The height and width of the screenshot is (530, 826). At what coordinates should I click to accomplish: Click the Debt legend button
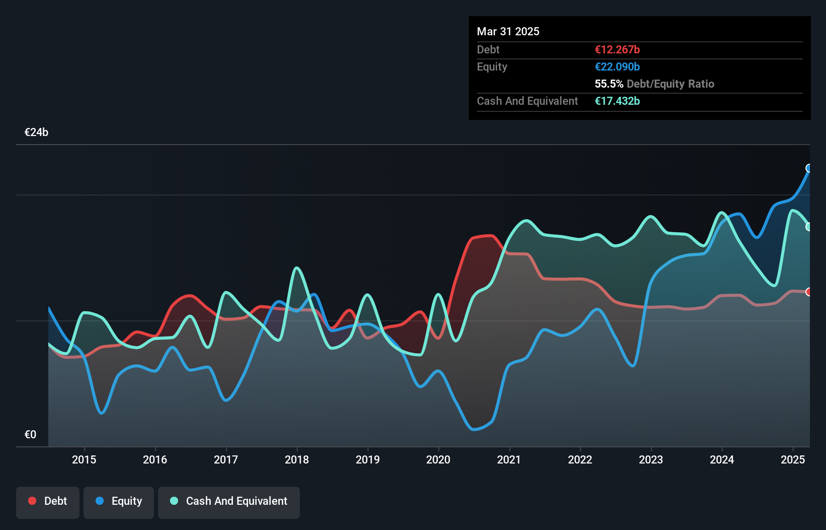[x=47, y=501]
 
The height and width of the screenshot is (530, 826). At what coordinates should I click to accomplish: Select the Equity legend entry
[x=119, y=501]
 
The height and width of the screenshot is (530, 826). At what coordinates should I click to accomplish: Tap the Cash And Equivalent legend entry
[x=229, y=501]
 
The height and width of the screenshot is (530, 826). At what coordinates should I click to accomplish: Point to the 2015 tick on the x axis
[x=84, y=459]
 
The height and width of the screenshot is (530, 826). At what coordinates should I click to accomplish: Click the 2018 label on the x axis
[x=297, y=459]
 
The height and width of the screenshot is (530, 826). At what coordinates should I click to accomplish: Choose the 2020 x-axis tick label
[x=438, y=459]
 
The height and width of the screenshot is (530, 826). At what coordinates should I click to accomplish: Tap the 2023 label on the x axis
[x=651, y=459]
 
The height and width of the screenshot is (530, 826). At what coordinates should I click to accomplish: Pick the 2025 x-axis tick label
[x=793, y=459]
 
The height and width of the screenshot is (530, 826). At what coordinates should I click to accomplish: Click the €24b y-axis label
[x=36, y=132]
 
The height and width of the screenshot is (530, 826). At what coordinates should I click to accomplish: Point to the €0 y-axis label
[x=30, y=435]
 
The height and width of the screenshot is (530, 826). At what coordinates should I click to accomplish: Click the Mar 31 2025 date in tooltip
[x=508, y=31]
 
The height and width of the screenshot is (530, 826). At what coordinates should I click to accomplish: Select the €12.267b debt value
[x=617, y=49]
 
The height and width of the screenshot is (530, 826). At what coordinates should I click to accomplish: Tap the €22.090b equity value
[x=617, y=67]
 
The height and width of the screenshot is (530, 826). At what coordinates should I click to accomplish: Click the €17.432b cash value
[x=617, y=101]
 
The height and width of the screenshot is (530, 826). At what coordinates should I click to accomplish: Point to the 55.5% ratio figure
[x=609, y=84]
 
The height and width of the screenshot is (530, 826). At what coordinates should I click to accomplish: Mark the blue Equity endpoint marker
[x=809, y=168]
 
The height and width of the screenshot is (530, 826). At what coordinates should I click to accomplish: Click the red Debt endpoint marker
[x=809, y=292]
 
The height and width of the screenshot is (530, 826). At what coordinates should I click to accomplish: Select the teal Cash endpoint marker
[x=809, y=227]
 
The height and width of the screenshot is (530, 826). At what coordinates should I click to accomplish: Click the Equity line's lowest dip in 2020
[x=474, y=429]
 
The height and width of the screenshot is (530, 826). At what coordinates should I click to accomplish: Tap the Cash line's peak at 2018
[x=297, y=268]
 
